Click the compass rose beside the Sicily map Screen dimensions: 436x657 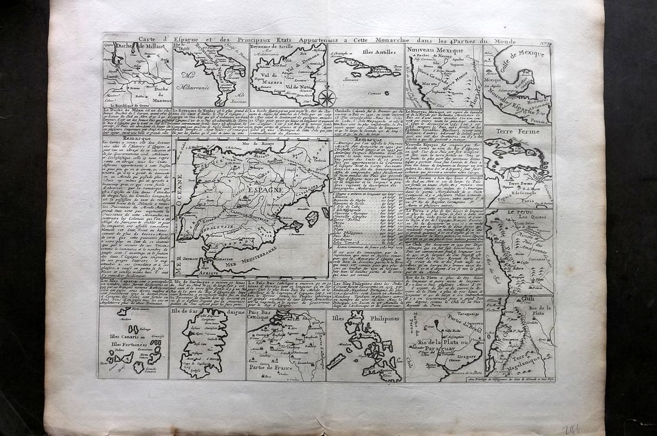tap(327, 97)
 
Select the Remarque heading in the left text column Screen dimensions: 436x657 tap(137, 138)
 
